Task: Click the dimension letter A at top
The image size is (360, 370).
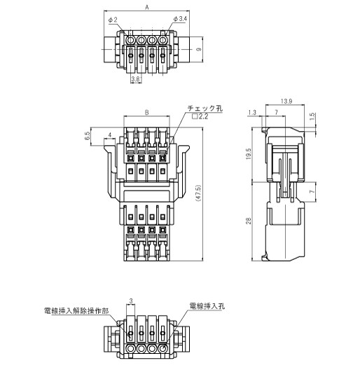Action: pyautogui.click(x=147, y=8)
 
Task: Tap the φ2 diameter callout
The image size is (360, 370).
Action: pyautogui.click(x=113, y=20)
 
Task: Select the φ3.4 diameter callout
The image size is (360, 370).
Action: pyautogui.click(x=180, y=19)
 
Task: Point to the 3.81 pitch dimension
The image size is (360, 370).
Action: pyautogui.click(x=136, y=79)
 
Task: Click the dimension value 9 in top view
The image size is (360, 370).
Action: pyautogui.click(x=199, y=49)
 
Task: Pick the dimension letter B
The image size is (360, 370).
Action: pyautogui.click(x=147, y=112)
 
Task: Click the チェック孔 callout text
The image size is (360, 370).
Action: pyautogui.click(x=205, y=109)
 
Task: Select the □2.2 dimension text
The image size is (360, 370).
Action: pyautogui.click(x=200, y=116)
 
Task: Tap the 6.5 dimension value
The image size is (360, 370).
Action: pyautogui.click(x=87, y=136)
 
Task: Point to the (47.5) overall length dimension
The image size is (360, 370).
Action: pyautogui.click(x=198, y=193)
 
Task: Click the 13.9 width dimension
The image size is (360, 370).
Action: pyautogui.click(x=286, y=101)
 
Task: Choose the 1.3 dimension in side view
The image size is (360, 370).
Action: pyautogui.click(x=252, y=113)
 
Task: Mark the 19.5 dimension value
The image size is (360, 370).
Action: pyautogui.click(x=248, y=154)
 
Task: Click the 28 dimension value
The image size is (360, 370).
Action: pyautogui.click(x=248, y=221)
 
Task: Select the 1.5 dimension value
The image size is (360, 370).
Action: pyautogui.click(x=312, y=116)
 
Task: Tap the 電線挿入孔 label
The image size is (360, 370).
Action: pyautogui.click(x=207, y=306)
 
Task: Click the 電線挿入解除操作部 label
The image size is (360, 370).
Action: pyautogui.click(x=76, y=311)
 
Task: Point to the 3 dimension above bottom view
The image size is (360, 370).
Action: pyautogui.click(x=131, y=301)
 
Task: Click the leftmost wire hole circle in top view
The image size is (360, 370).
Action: pyautogui.click(x=130, y=40)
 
